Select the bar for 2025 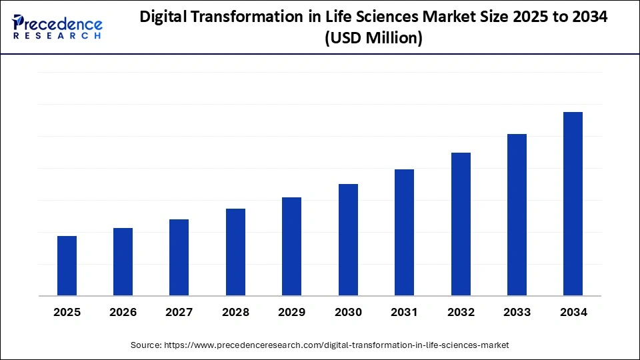point(67,265)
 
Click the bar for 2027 point(179,257)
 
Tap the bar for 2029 point(291,246)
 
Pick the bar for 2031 point(404,232)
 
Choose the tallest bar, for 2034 point(573,203)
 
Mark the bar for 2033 point(517,215)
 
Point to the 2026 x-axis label point(123,312)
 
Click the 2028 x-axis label point(236,312)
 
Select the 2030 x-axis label point(348,312)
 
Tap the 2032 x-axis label point(461,312)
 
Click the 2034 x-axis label point(573,312)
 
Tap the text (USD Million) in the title point(373,39)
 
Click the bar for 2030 point(348,239)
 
